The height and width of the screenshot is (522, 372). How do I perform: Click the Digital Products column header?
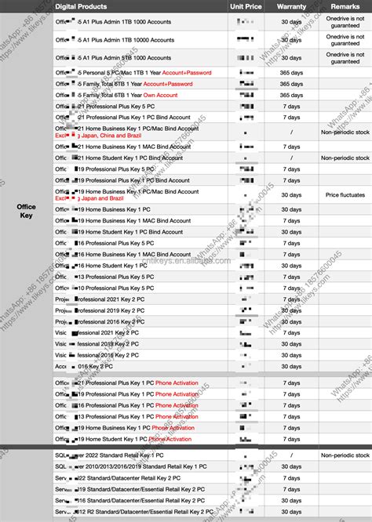(81, 6)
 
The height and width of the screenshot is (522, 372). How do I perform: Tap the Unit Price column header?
(245, 6)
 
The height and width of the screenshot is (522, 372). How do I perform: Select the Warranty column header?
(291, 6)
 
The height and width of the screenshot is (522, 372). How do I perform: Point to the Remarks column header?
(345, 6)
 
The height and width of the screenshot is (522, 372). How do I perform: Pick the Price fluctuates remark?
(345, 194)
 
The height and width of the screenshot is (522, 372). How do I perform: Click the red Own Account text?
(160, 95)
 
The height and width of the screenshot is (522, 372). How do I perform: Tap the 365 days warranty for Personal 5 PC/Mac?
(291, 73)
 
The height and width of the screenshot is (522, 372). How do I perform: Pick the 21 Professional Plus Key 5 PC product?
(110, 106)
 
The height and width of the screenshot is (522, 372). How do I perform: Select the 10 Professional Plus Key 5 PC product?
(110, 288)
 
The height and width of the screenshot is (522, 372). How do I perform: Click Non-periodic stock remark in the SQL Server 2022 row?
(345, 455)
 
